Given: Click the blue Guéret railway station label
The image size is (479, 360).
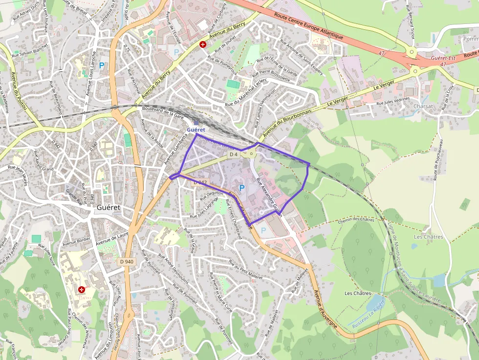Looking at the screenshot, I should coord(196,129).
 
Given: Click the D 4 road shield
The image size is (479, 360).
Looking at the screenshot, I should coord(233,154).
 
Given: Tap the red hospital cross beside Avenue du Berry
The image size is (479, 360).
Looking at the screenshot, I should coord(202,44).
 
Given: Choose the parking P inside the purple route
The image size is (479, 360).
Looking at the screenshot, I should coord(241,187).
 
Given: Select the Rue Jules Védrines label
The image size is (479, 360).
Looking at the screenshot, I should coord(393,102).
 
